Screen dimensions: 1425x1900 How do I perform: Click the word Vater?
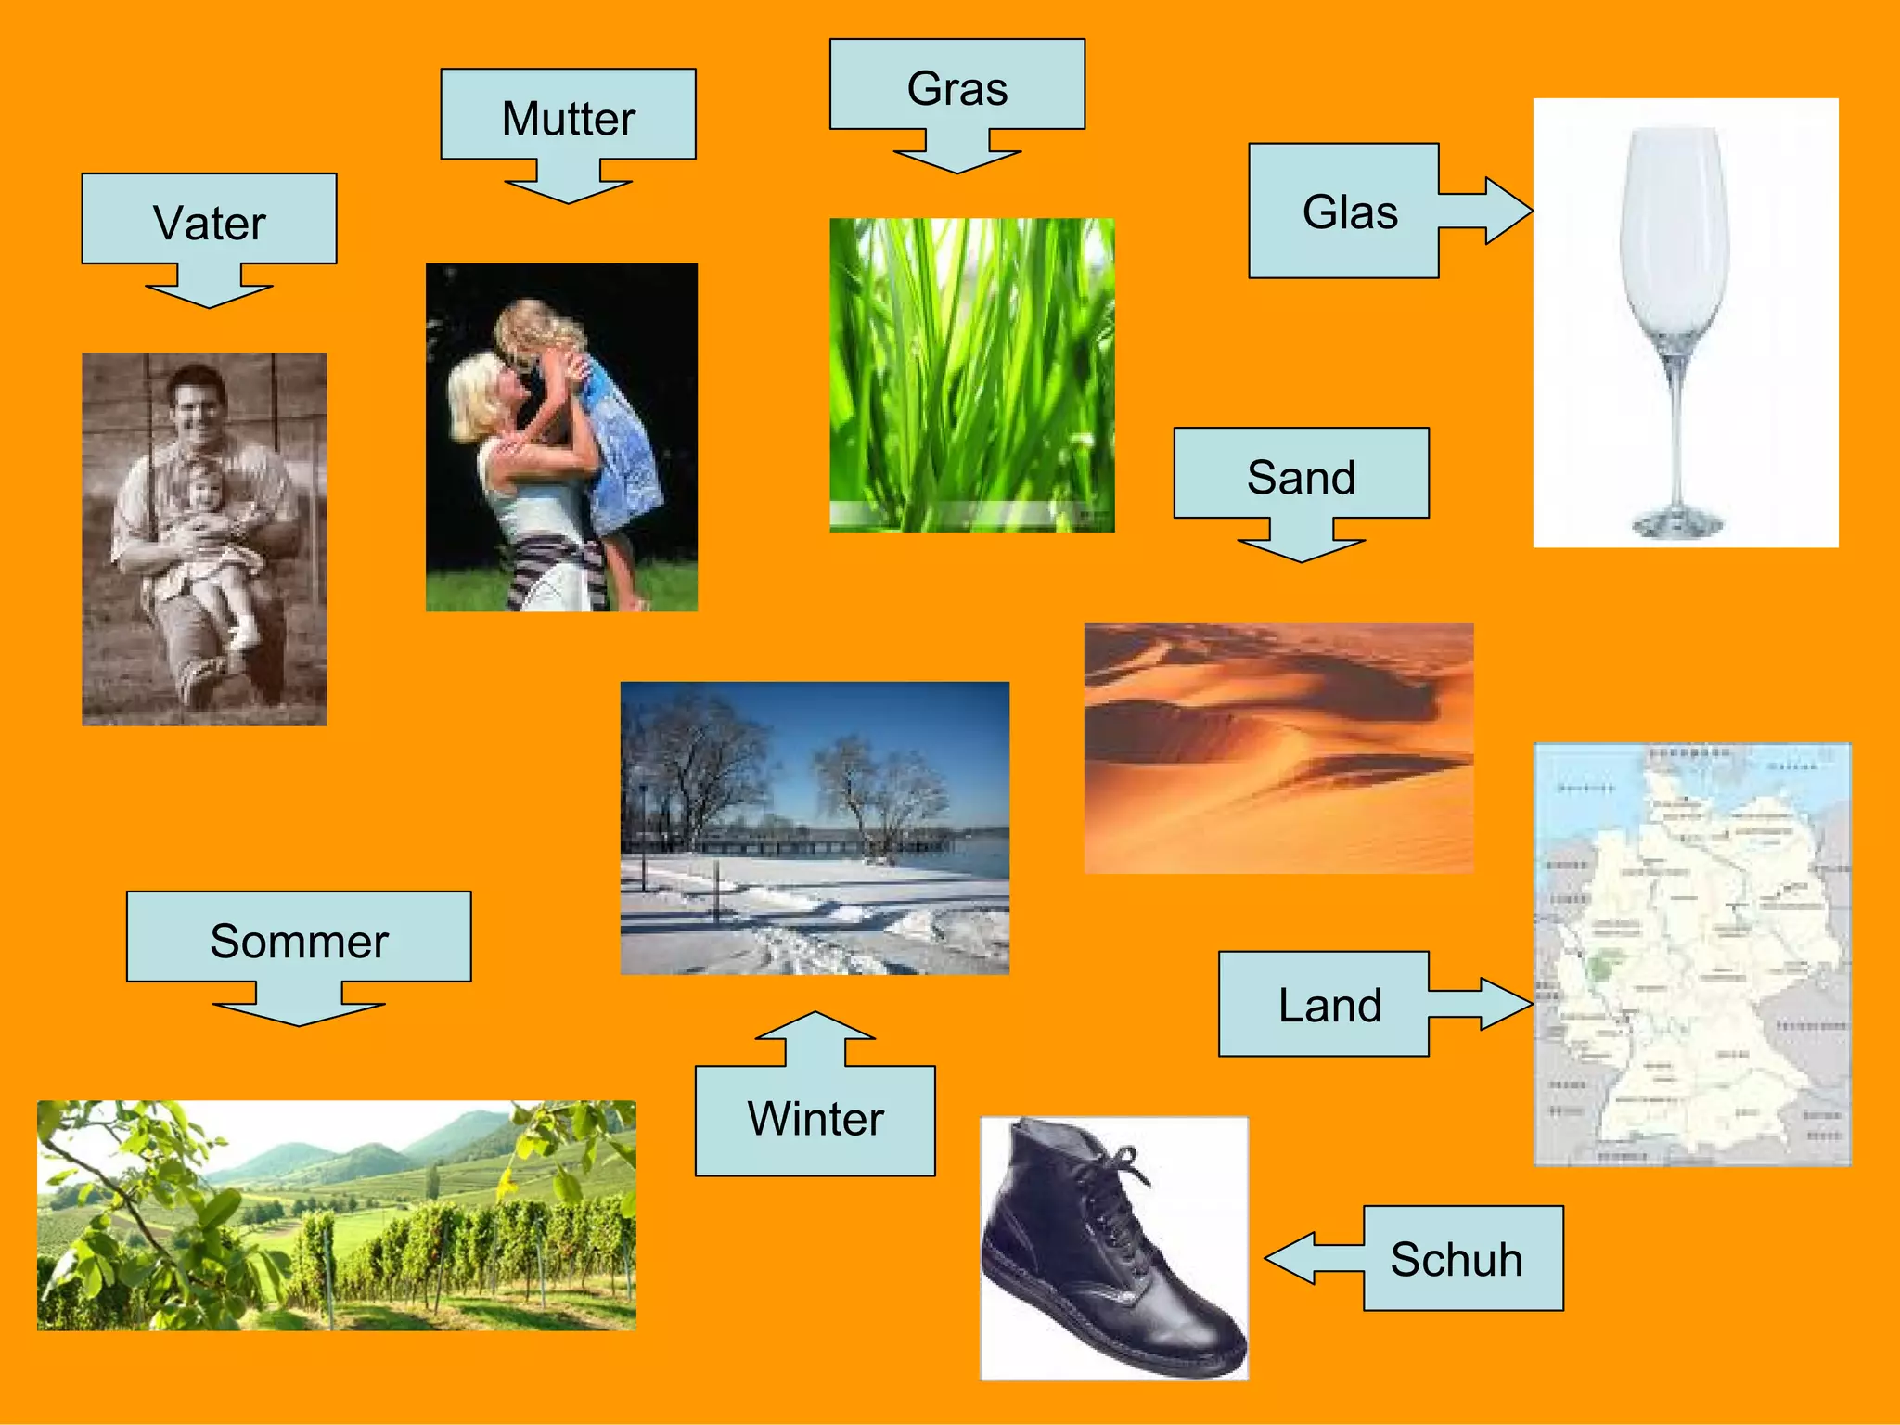pyautogui.click(x=210, y=225)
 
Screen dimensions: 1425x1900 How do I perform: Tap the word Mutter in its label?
pyautogui.click(x=568, y=120)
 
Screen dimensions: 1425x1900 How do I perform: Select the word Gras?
pyautogui.click(x=956, y=90)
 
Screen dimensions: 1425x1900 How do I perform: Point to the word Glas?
pyautogui.click(x=1350, y=212)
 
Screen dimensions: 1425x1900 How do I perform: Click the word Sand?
pyautogui.click(x=1301, y=479)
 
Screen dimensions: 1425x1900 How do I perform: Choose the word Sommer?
pyautogui.click(x=299, y=942)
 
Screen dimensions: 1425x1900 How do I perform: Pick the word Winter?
pyautogui.click(x=815, y=1119)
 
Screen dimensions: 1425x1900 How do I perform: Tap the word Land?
pyautogui.click(x=1329, y=1006)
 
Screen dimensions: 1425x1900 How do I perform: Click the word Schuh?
pyautogui.click(x=1456, y=1260)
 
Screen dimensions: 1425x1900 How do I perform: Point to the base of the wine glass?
pyautogui.click(x=1677, y=524)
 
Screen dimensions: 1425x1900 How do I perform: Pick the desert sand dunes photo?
pyautogui.click(x=1278, y=748)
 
